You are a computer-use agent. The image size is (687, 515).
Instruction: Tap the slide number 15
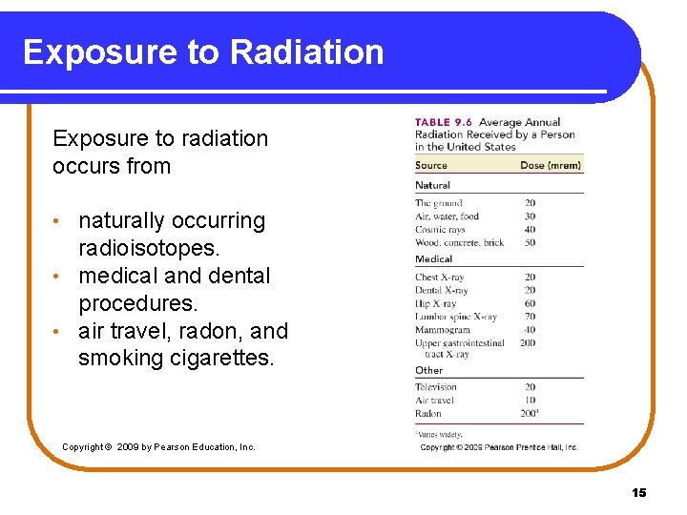638,492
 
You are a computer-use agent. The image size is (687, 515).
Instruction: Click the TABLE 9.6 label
444,122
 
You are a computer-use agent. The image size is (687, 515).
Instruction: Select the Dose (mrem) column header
550,166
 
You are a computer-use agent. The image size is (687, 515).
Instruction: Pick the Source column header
431,166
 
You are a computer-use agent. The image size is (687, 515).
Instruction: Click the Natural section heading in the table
432,185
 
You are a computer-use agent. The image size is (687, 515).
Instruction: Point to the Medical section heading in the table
433,258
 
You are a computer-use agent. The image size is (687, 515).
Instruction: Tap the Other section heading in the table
428,370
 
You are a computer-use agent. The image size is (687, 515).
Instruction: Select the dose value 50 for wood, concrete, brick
530,243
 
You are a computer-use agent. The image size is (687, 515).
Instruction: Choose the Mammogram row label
443,330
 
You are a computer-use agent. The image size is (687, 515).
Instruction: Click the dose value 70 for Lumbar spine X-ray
530,317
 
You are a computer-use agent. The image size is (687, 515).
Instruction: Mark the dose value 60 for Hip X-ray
530,303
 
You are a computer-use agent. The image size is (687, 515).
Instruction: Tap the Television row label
436,387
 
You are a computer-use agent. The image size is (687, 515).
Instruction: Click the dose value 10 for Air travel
530,401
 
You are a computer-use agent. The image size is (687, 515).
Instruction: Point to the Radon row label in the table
428,414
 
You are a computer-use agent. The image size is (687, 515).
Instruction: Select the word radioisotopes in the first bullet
149,248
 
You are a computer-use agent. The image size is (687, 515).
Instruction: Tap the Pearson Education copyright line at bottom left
158,446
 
